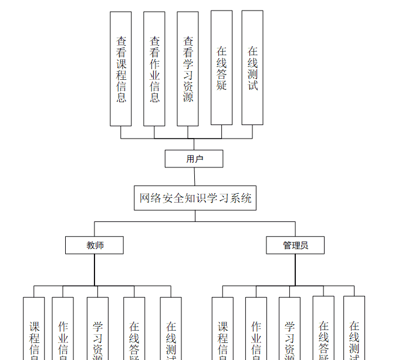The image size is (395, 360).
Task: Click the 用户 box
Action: pos(194,159)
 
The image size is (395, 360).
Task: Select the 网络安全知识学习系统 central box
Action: pos(195,198)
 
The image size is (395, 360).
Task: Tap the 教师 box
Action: pos(94,245)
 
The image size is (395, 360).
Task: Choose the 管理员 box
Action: pos(295,245)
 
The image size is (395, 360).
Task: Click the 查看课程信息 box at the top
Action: pos(121,69)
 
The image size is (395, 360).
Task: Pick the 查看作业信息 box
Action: pos(154,69)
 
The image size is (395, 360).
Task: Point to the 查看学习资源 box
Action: pos(188,69)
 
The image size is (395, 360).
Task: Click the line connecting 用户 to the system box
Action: pos(194,177)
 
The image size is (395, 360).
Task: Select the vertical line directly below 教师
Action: pos(94,270)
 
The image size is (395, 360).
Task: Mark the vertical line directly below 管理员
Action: pos(295,270)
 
